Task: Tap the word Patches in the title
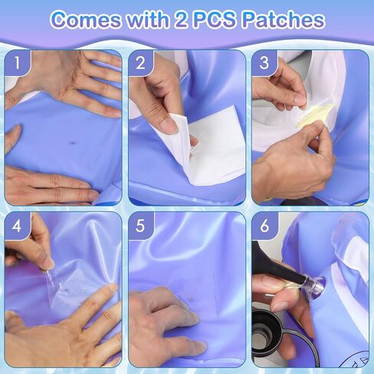[283, 19]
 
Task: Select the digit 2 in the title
[182, 19]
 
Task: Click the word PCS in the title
[215, 19]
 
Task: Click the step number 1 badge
[17, 63]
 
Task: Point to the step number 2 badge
[140, 63]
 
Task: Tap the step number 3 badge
[264, 63]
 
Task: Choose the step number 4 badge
[17, 226]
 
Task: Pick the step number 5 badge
[140, 226]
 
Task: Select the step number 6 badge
[264, 226]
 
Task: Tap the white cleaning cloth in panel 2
[208, 146]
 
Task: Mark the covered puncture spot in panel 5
[190, 300]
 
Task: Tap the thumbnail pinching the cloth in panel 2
[168, 124]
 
